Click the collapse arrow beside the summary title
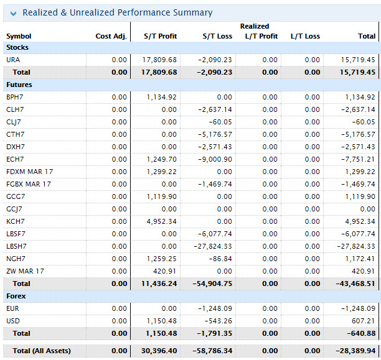pyautogui.click(x=13, y=13)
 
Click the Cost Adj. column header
pyautogui.click(x=111, y=36)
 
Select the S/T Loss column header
pyautogui.click(x=217, y=36)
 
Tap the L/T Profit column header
pyautogui.click(x=261, y=36)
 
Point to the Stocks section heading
pyautogui.click(x=17, y=47)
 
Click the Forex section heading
pyautogui.click(x=16, y=296)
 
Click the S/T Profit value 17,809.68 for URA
pyautogui.click(x=160, y=60)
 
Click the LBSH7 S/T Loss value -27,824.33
pyautogui.click(x=212, y=246)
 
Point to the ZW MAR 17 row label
pyautogui.click(x=25, y=271)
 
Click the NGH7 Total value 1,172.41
pyautogui.click(x=359, y=259)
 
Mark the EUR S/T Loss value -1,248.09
pyautogui.click(x=214, y=308)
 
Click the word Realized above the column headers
pyautogui.click(x=255, y=26)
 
